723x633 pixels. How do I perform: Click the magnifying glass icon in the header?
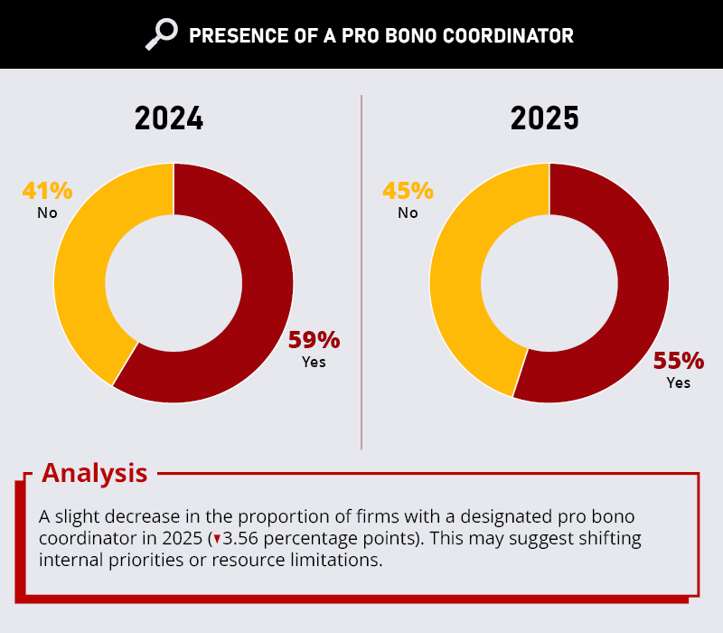click(x=162, y=34)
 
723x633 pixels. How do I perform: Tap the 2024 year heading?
click(x=169, y=118)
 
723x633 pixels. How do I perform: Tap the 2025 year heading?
click(x=545, y=118)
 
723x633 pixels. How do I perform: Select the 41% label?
click(x=48, y=191)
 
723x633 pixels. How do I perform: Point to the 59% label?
click(x=314, y=340)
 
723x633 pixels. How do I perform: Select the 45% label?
click(x=408, y=191)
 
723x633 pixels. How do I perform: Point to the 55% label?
click(x=679, y=361)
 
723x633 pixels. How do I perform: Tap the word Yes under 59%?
click(x=314, y=363)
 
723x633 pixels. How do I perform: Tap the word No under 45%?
click(x=408, y=213)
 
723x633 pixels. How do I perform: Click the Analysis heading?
click(x=95, y=473)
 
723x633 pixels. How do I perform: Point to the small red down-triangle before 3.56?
click(x=217, y=539)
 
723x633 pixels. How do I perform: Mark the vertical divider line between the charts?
click(x=361, y=272)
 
